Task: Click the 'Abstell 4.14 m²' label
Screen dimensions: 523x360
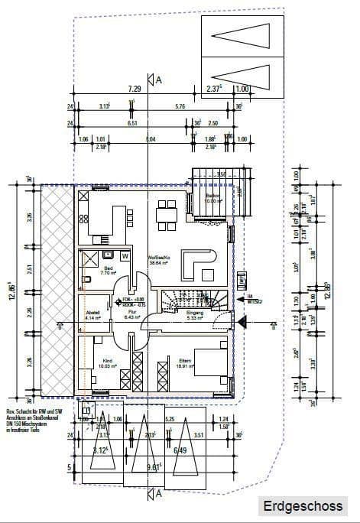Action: tap(92, 314)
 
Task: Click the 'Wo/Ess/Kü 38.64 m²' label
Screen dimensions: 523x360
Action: tap(158, 260)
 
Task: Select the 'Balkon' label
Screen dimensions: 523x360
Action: tap(213, 197)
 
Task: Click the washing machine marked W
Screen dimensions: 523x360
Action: tap(124, 256)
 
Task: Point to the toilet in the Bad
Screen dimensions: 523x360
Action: tap(87, 278)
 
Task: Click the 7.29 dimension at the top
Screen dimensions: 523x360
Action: tap(135, 89)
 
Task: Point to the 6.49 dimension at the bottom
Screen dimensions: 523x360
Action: tap(180, 450)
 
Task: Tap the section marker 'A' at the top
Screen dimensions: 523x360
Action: tap(159, 80)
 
